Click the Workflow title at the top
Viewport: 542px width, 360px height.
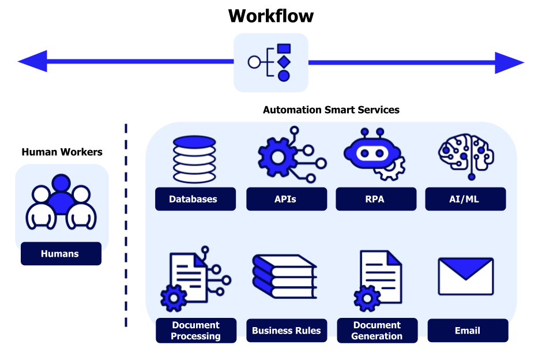click(x=270, y=16)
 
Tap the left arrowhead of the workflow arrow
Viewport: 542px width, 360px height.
click(x=32, y=62)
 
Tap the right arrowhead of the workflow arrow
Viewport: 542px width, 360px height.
click(x=509, y=62)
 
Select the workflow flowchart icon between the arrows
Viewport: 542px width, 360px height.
click(x=270, y=62)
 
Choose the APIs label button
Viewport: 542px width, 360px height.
click(x=285, y=199)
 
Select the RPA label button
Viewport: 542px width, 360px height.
click(x=375, y=199)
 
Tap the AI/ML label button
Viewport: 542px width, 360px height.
click(x=465, y=199)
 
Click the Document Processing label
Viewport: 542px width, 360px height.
click(x=196, y=331)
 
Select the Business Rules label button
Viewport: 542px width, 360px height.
click(x=287, y=331)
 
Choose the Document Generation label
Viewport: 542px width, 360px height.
click(x=377, y=331)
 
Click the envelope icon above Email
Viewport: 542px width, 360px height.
click(x=466, y=276)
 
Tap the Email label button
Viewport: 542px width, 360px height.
click(x=468, y=331)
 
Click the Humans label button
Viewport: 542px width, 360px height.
click(x=61, y=253)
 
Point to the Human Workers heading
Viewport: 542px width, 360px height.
click(x=62, y=152)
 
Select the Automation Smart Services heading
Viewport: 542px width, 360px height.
click(x=331, y=110)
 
